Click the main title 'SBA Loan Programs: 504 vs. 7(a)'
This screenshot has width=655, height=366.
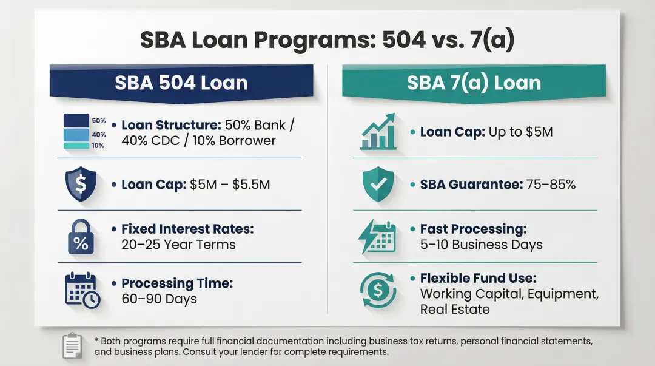tap(327, 39)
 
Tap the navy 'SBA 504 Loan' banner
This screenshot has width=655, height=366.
tap(181, 83)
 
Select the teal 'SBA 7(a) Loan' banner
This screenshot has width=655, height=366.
tap(474, 83)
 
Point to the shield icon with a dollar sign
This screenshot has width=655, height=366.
tap(80, 184)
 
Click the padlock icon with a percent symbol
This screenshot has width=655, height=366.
tap(80, 237)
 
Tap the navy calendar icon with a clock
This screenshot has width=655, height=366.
tap(81, 291)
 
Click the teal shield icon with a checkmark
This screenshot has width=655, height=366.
tap(377, 184)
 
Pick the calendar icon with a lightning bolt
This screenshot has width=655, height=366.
tap(377, 237)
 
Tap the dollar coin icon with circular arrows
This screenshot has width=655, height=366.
tap(377, 291)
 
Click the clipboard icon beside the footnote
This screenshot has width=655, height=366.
tap(72, 345)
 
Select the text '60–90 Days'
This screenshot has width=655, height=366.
tap(159, 299)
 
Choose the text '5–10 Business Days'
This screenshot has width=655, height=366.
tap(481, 245)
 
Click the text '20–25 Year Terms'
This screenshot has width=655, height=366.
tap(178, 245)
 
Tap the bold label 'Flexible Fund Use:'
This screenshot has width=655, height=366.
tap(478, 278)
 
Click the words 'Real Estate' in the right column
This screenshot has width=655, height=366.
tap(454, 310)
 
